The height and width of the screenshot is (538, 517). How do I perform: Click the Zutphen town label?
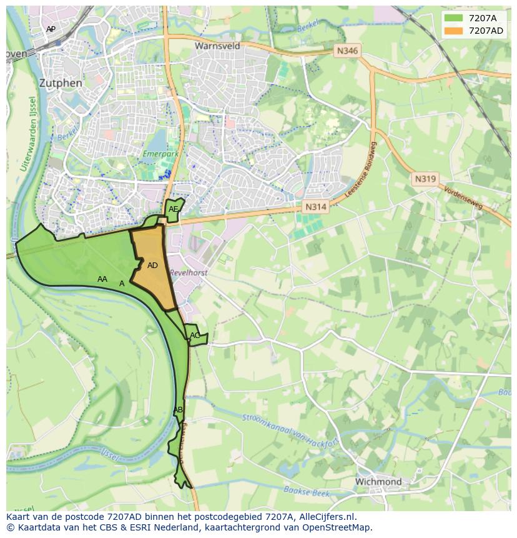pyautogui.click(x=60, y=82)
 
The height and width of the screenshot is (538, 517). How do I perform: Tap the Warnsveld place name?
pyautogui.click(x=217, y=46)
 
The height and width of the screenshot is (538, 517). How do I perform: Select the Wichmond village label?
pyautogui.click(x=378, y=482)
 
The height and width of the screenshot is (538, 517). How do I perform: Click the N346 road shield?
pyautogui.click(x=347, y=51)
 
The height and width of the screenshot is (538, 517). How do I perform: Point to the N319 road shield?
pyautogui.click(x=425, y=179)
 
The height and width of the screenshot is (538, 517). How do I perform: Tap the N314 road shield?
pyautogui.click(x=316, y=206)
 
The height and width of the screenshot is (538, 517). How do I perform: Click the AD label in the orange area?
pyautogui.click(x=152, y=266)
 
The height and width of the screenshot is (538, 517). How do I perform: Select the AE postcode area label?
pyautogui.click(x=174, y=209)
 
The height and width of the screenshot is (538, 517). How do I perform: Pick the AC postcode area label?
pyautogui.click(x=195, y=336)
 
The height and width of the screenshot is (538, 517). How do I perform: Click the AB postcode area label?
pyautogui.click(x=178, y=410)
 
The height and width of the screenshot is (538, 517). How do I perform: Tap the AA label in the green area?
pyautogui.click(x=102, y=279)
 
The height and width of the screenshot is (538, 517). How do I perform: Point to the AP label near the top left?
pyautogui.click(x=51, y=29)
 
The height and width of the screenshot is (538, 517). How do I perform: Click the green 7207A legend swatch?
pyautogui.click(x=453, y=18)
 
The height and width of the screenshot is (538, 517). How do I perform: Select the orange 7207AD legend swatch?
pyautogui.click(x=453, y=31)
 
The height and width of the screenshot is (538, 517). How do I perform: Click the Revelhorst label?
pyautogui.click(x=188, y=273)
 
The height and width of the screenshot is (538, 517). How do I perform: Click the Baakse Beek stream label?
pyautogui.click(x=306, y=492)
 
